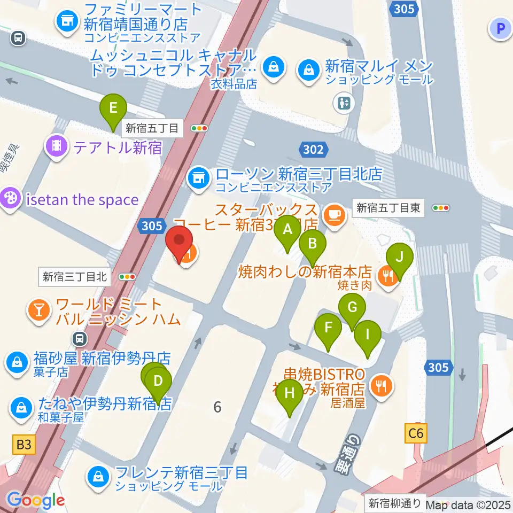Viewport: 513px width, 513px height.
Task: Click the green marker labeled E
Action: click(113, 108)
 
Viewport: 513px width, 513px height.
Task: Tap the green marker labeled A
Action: click(287, 230)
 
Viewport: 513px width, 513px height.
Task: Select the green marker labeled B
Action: click(313, 244)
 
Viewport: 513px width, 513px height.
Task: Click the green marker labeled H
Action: click(290, 394)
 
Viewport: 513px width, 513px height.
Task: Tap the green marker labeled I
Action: click(368, 335)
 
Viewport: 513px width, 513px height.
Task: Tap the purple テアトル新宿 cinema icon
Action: click(57, 145)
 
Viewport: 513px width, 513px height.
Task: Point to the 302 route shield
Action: click(313, 149)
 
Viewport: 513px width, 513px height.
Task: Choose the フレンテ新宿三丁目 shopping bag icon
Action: click(99, 475)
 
